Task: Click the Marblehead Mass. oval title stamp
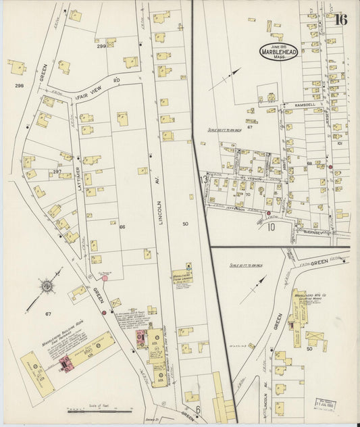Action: pyautogui.click(x=278, y=52)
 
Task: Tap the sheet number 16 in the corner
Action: pyautogui.click(x=340, y=19)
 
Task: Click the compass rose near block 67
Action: pyautogui.click(x=48, y=287)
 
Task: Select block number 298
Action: pyautogui.click(x=18, y=86)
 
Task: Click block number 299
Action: pyautogui.click(x=101, y=46)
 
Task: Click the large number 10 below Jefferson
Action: pyautogui.click(x=270, y=226)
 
